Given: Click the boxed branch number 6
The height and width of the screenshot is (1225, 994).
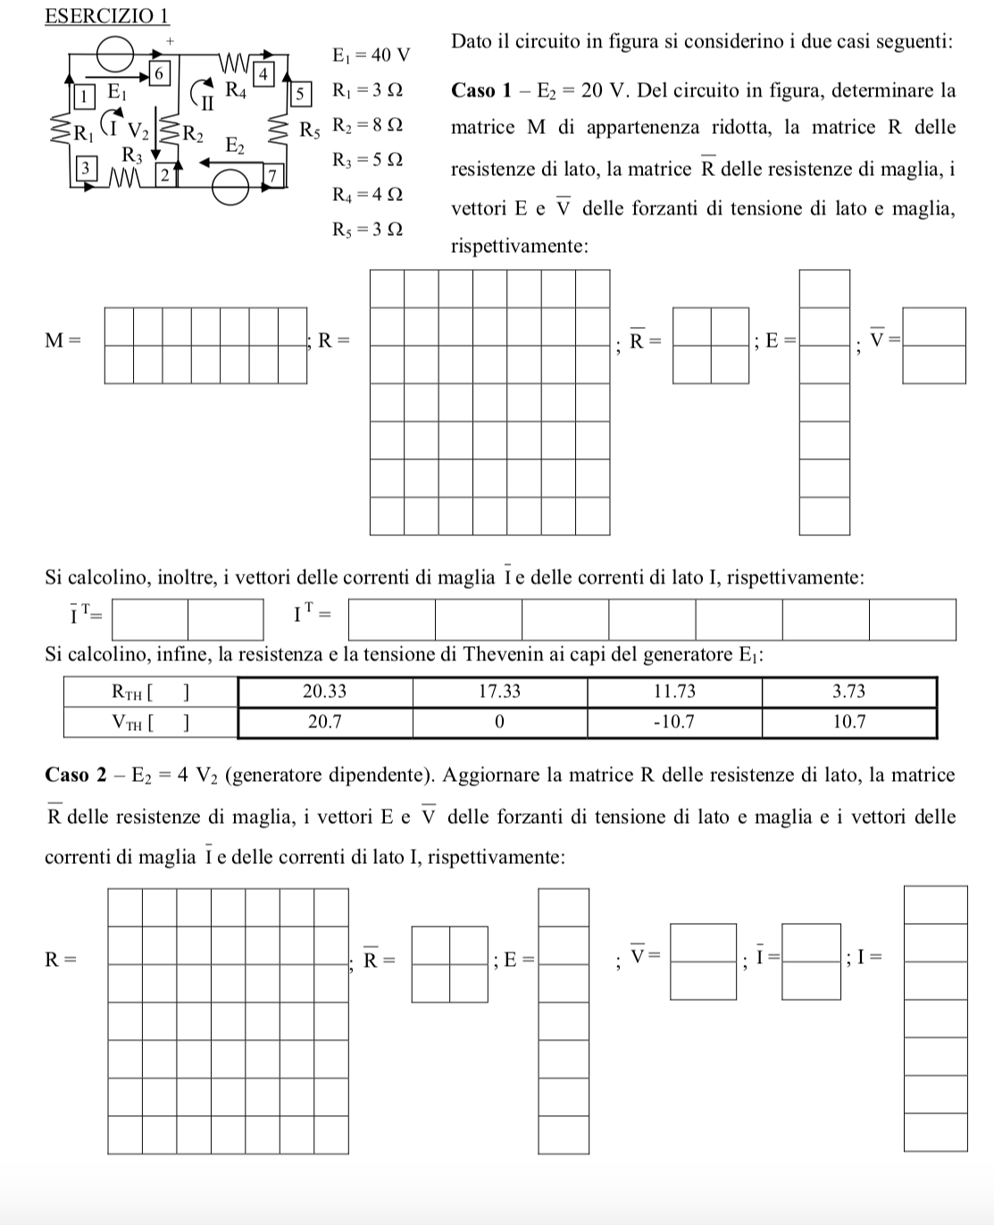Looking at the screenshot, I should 158,73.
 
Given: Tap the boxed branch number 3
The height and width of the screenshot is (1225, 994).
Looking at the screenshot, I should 85,167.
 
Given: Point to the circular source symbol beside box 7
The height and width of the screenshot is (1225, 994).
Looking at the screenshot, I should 230,187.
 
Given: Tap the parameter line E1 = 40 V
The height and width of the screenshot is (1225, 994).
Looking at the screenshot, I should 371,55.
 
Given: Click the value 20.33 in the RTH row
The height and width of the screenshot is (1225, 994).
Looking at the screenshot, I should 324,692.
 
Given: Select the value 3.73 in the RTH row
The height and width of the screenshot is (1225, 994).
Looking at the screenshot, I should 848,692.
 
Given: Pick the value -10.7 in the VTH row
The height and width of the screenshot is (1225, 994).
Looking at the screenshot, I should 674,722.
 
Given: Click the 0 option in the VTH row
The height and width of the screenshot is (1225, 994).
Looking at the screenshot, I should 499,722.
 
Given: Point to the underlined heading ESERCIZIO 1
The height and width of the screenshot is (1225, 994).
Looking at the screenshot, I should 106,16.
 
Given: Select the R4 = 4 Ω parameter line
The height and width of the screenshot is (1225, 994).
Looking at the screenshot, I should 367,194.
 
